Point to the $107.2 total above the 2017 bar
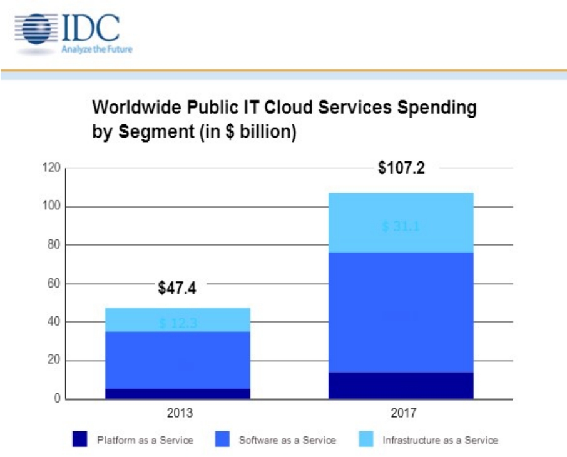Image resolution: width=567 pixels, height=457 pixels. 401,168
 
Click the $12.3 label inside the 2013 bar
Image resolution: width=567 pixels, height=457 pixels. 177,323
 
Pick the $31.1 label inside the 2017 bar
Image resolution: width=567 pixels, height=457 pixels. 401,226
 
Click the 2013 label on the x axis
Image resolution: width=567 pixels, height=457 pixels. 179,414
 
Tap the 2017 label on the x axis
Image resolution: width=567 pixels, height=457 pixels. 402,414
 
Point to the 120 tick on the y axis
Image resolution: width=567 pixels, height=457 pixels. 52,168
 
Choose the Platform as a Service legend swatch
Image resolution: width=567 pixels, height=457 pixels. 80,439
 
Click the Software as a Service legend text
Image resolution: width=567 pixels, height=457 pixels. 287,440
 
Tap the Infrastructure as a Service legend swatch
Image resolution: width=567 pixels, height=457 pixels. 367,439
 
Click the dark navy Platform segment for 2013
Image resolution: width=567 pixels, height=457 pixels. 178,394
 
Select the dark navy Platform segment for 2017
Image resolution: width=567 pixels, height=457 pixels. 401,386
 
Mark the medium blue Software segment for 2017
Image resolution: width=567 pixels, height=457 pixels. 401,313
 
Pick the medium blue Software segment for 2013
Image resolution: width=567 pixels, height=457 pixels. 178,360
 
